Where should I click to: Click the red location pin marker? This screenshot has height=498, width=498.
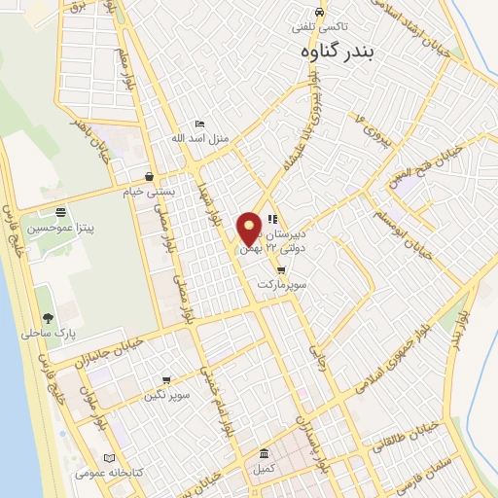[x=250, y=229]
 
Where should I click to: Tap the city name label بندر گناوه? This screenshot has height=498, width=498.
[x=338, y=52]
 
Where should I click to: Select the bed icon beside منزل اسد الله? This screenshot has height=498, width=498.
[x=200, y=124]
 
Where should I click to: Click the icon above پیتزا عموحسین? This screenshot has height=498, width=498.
[x=60, y=213]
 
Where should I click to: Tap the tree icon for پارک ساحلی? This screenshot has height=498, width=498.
[x=48, y=318]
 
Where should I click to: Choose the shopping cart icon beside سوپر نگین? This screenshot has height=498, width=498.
[x=166, y=380]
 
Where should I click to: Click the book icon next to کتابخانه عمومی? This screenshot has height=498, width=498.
[x=109, y=458]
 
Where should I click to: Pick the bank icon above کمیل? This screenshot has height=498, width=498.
[x=265, y=454]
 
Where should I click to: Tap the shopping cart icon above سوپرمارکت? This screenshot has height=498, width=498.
[x=281, y=270]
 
